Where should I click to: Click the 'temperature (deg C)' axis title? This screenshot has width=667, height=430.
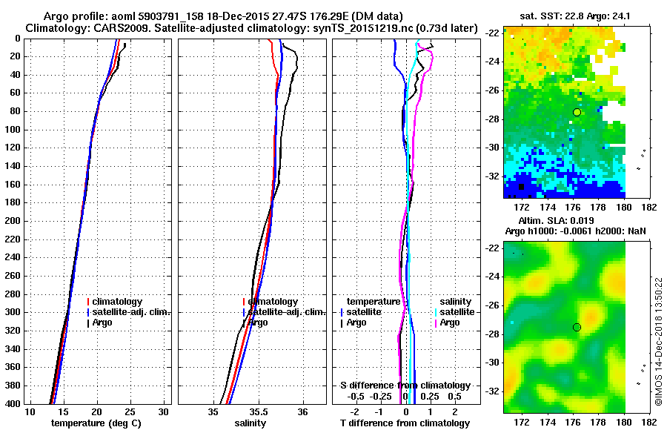(96, 423)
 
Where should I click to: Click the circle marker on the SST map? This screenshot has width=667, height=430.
(577, 112)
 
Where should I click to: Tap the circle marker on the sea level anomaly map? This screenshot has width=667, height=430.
(577, 327)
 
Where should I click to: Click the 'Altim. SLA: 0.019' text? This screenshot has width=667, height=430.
(564, 222)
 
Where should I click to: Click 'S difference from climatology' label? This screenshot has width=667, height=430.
(405, 386)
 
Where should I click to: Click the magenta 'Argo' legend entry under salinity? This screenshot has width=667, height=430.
(449, 322)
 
